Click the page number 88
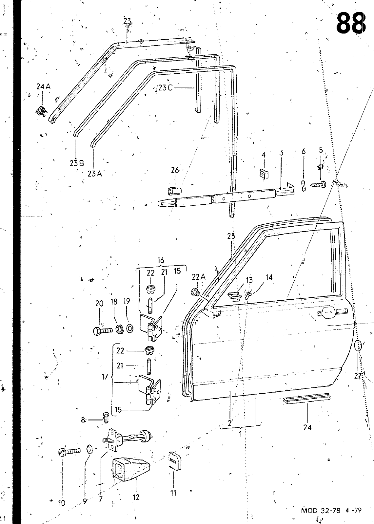(350, 23)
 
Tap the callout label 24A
(43, 86)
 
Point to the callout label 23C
(165, 88)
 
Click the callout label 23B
(77, 163)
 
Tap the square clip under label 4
(265, 173)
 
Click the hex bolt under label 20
(103, 330)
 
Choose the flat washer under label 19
(130, 329)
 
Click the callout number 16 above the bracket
(161, 260)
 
